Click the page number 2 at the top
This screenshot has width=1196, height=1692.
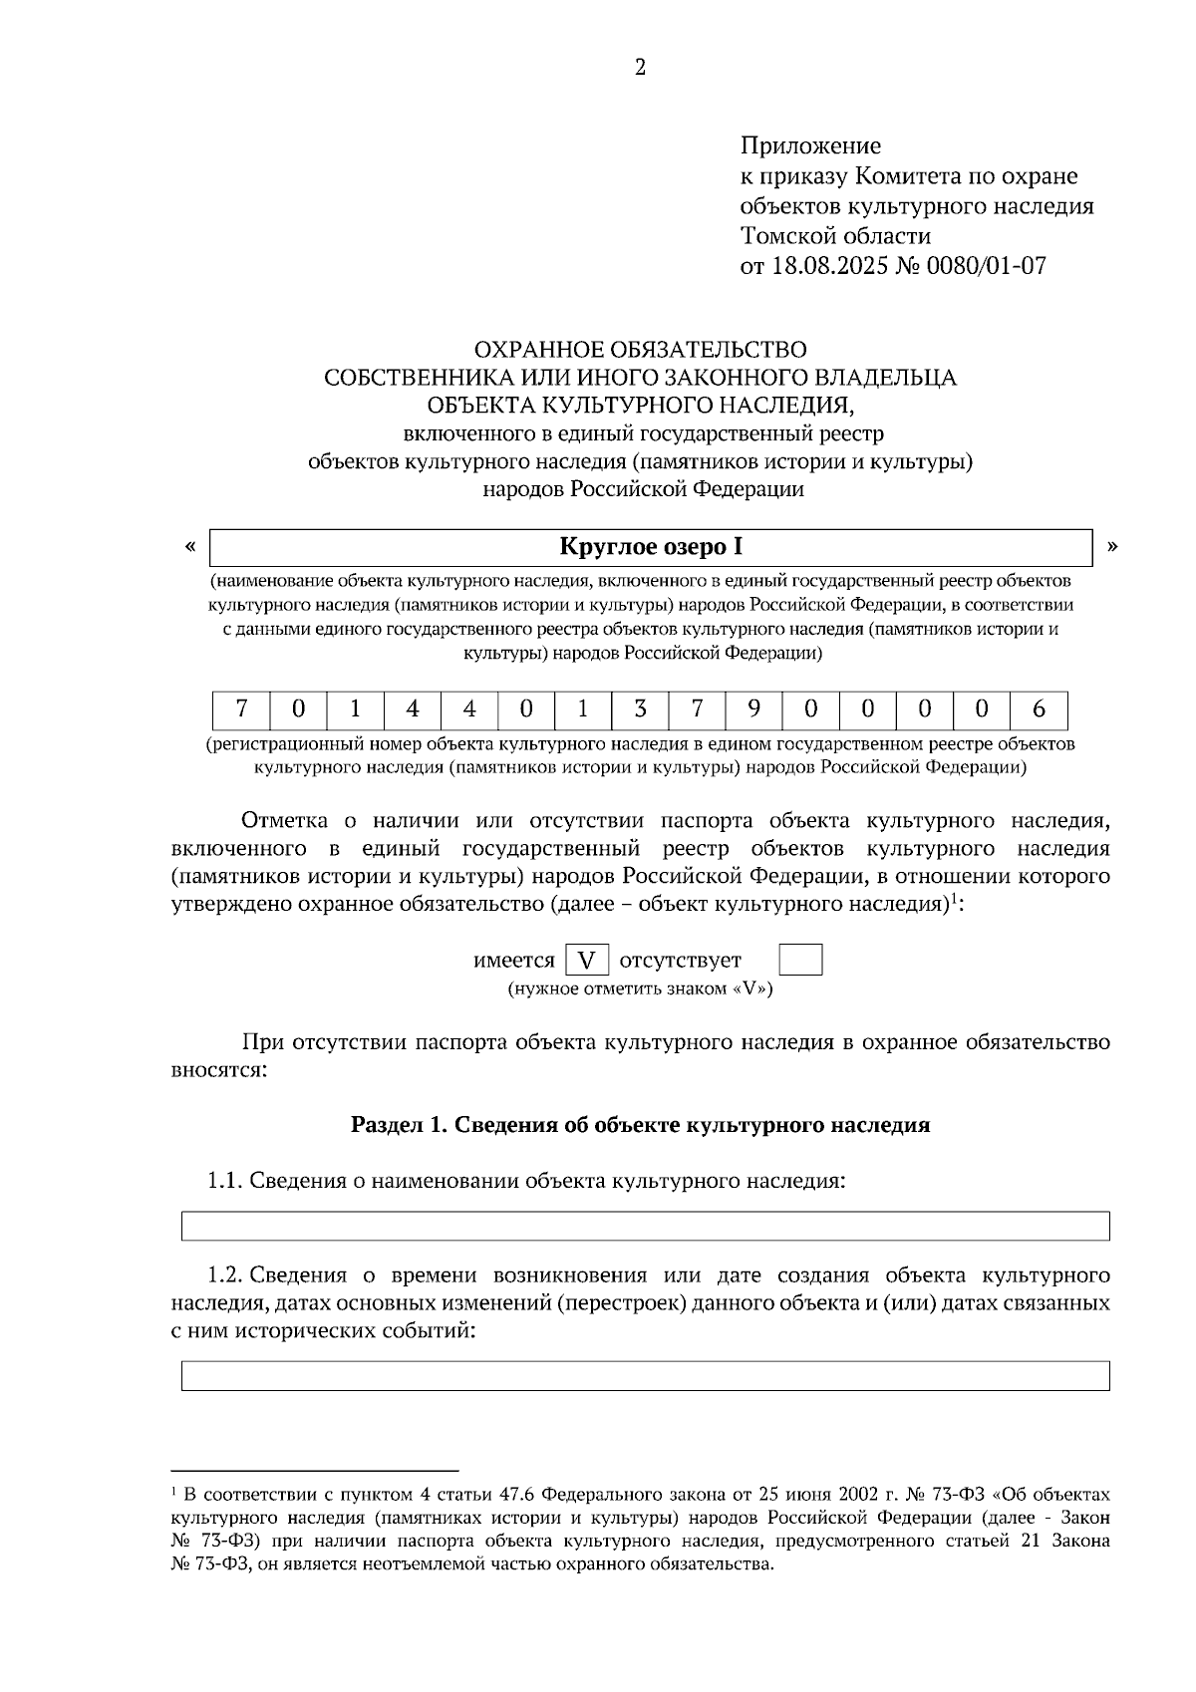pos(640,68)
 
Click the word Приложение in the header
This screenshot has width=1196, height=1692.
pos(810,146)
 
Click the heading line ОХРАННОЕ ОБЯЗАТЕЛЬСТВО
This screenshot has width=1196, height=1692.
pos(640,350)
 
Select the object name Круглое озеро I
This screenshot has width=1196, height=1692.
pos(651,546)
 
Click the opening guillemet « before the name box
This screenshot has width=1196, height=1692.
pos(189,546)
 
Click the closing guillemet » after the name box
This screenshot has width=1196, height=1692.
pos(1112,546)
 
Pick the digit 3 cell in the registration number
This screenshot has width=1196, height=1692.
pos(640,709)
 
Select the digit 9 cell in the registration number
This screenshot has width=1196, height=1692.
pos(753,709)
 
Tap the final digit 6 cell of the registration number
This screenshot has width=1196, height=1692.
pos(1039,709)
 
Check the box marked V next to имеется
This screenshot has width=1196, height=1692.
pos(587,961)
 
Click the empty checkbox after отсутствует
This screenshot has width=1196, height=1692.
pos(800,961)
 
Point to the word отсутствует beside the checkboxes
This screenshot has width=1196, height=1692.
pos(681,961)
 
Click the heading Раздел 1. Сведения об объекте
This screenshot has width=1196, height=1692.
pos(640,1125)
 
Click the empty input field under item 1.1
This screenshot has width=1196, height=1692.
pos(645,1226)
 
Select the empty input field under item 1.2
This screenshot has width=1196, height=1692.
pos(645,1376)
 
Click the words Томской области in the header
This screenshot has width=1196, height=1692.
pos(835,236)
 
